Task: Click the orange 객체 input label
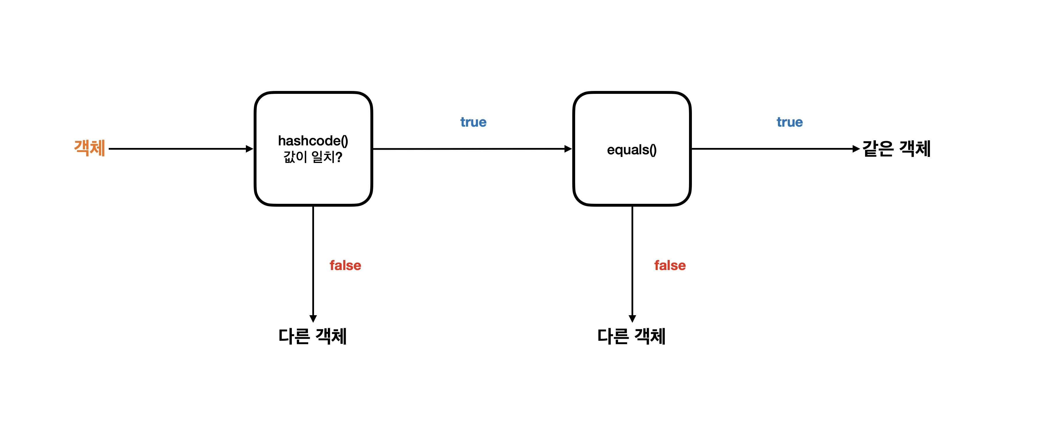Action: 90,148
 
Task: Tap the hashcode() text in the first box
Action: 313,141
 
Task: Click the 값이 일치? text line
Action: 313,157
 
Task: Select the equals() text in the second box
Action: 632,150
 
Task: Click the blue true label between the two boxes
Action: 473,122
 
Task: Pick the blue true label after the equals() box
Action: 790,122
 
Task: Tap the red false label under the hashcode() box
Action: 345,265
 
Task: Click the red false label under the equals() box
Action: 670,265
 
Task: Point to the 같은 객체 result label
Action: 896,149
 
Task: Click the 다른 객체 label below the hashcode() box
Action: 312,336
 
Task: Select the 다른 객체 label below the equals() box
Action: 631,336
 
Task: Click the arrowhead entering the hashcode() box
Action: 249,149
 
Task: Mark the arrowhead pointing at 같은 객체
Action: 856,149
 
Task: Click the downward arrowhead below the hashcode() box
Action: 313,318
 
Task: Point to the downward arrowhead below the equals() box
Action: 632,318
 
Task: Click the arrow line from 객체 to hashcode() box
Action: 178,149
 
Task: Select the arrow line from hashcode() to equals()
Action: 469,149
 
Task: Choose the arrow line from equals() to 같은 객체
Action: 772,149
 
